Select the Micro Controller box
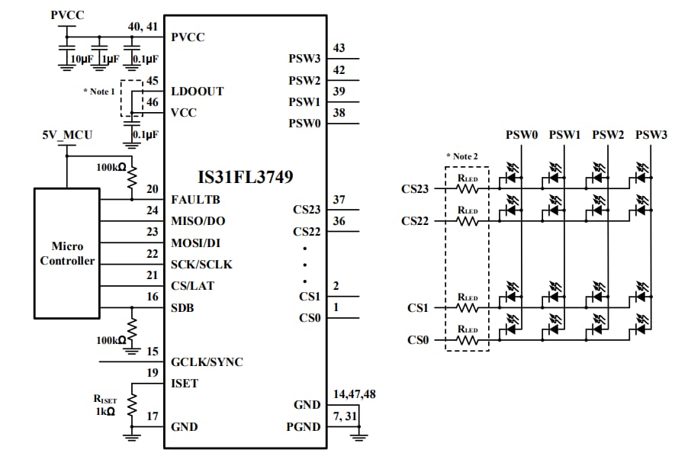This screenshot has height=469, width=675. (66, 254)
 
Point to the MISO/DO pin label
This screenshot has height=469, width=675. (199, 221)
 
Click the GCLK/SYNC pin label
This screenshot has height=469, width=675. (207, 362)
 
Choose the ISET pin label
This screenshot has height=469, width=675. (185, 384)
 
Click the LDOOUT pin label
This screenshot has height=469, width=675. (198, 92)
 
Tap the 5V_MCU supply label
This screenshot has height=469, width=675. (67, 135)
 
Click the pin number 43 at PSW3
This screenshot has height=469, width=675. (339, 48)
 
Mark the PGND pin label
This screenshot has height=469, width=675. (305, 427)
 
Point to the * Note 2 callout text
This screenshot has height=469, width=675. (464, 156)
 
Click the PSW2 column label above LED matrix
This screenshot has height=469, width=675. (608, 135)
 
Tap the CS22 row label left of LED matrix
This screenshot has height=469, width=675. (415, 221)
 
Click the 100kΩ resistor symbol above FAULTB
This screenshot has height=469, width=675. (131, 178)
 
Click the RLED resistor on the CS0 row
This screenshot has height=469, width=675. (467, 340)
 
